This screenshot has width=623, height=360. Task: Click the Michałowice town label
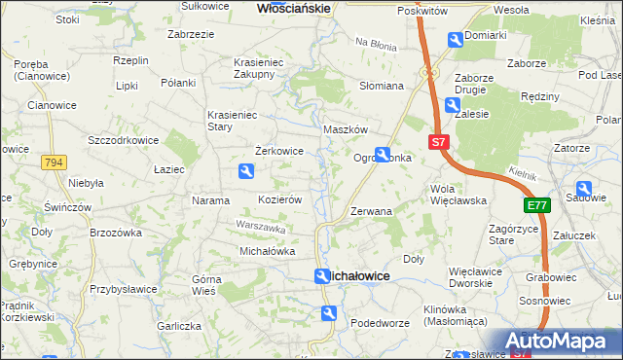(362, 277)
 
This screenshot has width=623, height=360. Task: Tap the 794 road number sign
(54, 163)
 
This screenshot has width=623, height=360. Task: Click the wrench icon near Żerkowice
(247, 172)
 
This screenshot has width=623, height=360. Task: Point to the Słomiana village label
(382, 86)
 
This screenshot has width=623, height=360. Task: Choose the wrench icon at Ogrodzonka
(384, 154)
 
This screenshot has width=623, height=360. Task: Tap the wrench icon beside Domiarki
(455, 40)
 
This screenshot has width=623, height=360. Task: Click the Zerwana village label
(371, 210)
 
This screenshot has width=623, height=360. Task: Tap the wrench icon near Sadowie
(584, 189)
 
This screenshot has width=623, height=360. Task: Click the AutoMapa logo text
(564, 342)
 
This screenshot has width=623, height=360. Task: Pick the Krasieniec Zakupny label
(259, 67)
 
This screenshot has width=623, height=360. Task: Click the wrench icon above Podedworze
(330, 312)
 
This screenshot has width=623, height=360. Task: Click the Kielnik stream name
(522, 172)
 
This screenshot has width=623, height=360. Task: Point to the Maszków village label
(345, 129)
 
